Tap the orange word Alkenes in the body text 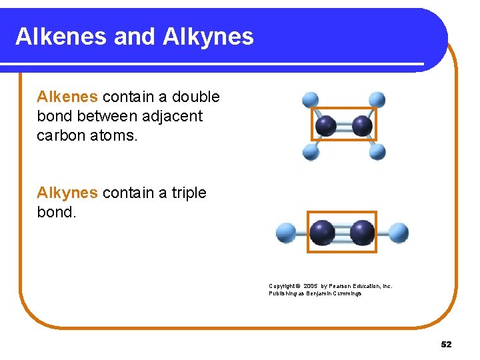tap(67, 97)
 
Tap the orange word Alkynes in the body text tap(67, 193)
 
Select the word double tap(195, 97)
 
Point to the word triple tap(189, 193)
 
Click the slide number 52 tap(446, 345)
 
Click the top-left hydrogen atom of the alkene tap(311, 100)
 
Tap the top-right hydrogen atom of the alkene tap(377, 100)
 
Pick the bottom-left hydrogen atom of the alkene tap(311, 152)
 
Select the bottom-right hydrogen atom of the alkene tap(377, 152)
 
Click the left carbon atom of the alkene tap(326, 125)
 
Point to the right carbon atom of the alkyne tap(362, 233)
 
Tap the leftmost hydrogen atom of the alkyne tap(286, 233)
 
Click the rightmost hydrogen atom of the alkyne tap(399, 233)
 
